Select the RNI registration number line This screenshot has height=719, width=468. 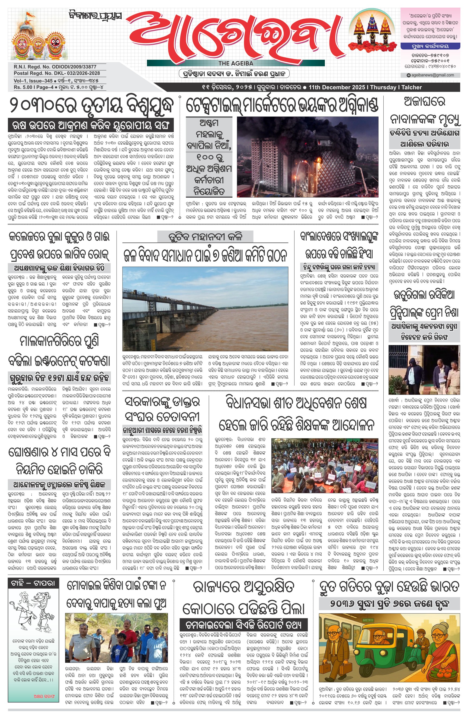coord(55,67)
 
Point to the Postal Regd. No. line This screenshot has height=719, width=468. coord(56,73)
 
